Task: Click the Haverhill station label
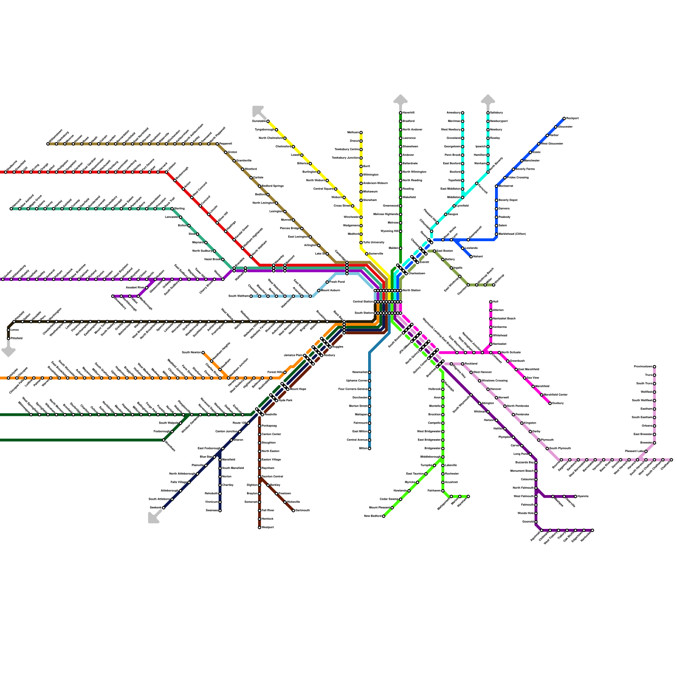point(408,113)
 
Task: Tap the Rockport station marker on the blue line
point(564,118)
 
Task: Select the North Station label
point(411,290)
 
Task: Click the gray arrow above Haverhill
point(400,100)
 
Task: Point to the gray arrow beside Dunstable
point(257,110)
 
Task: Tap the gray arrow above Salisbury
point(488,100)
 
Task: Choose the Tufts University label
point(374,242)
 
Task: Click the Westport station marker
point(259,527)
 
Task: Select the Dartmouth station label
point(303,510)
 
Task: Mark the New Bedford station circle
point(383,516)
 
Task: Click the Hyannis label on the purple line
point(583,496)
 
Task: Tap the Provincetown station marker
point(654,366)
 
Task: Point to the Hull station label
point(495,302)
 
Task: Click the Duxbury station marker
point(550,403)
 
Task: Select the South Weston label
point(238,296)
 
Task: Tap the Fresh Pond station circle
point(327,282)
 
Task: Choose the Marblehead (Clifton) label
point(512,234)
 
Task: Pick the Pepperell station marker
point(217,144)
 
